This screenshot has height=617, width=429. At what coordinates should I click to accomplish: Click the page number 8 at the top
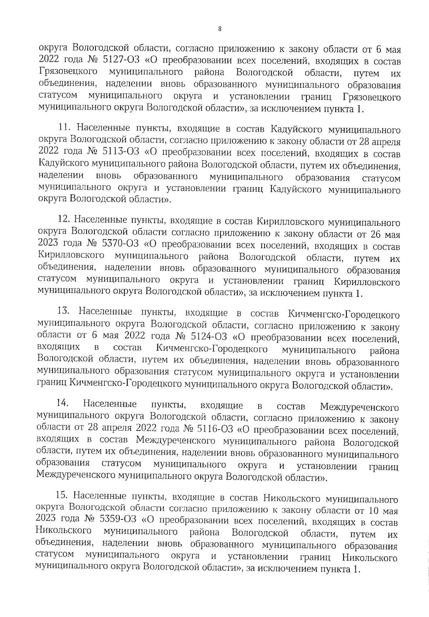pyautogui.click(x=219, y=29)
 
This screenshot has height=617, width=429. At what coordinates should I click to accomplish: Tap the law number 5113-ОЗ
pyautogui.click(x=122, y=153)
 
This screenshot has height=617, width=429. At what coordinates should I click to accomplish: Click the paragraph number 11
pyautogui.click(x=65, y=128)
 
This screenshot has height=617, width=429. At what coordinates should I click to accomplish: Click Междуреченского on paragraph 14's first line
pyautogui.click(x=359, y=407)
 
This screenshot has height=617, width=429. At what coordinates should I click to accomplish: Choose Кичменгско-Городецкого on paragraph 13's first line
pyautogui.click(x=343, y=315)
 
